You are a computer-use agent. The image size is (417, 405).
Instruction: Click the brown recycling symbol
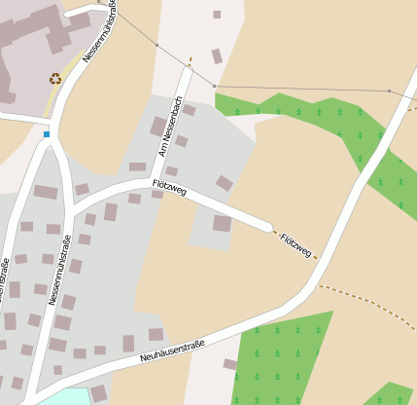point(55,78)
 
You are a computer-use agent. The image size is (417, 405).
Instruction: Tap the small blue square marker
point(46,134)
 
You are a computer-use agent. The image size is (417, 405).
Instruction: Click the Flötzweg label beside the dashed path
point(295,244)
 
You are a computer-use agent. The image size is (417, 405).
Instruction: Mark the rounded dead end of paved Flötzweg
point(266,226)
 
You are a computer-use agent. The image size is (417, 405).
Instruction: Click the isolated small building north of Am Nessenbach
point(217,15)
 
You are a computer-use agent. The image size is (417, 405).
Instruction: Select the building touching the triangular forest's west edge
point(230,364)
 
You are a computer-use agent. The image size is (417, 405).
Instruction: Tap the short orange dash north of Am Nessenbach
point(191,59)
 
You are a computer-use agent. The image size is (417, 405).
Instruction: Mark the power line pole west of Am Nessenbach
point(156,45)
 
